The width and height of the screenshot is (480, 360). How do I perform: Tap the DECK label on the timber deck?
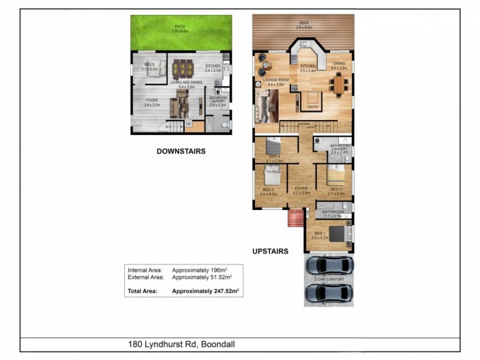pos(304,25)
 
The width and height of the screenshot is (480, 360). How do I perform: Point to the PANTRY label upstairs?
pos(313,108)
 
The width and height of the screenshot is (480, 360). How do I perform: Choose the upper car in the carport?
pos(328,265)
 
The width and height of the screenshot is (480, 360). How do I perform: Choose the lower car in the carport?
pos(328,292)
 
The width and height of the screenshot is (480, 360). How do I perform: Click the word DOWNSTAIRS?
pos(181,152)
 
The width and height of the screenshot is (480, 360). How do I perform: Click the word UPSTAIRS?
pos(270,251)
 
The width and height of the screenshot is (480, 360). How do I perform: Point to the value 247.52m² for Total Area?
pos(205,291)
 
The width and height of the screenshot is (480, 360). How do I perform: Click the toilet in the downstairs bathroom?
pos(224,125)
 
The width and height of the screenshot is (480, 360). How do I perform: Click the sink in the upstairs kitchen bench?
pos(304,45)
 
